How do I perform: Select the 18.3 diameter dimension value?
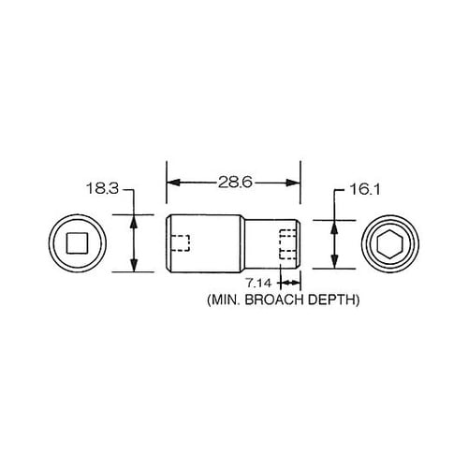pos(103,188)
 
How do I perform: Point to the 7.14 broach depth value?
pos(259,282)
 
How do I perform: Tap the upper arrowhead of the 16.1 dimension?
pos(333,225)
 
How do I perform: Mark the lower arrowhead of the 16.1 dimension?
pos(333,263)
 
